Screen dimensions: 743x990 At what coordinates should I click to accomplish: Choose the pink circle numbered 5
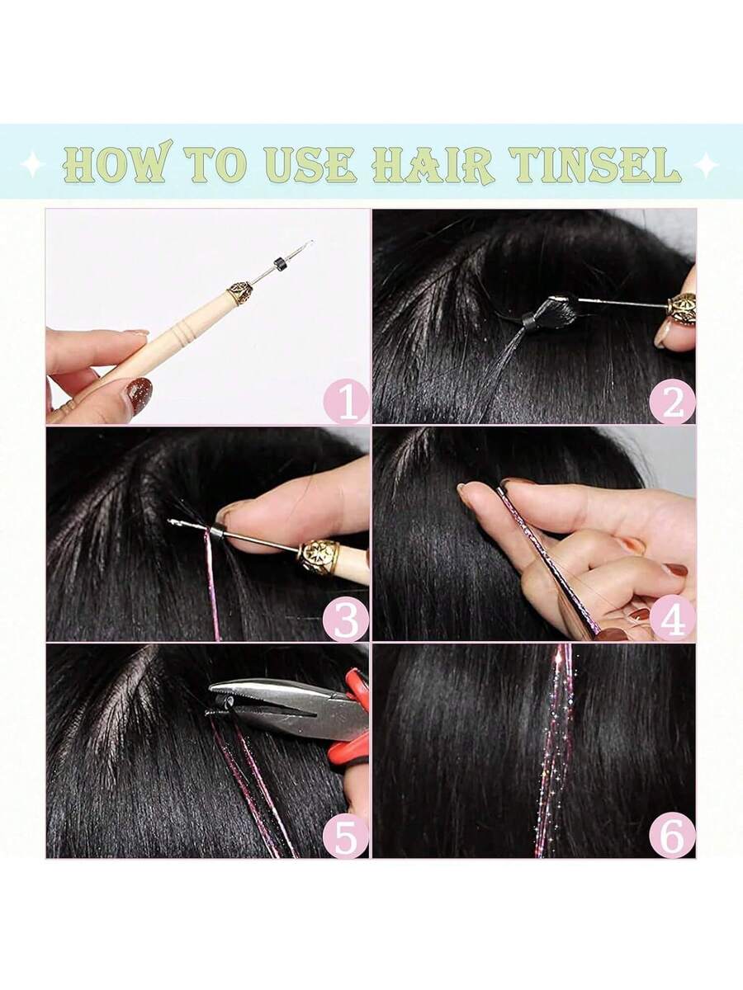[x=346, y=835]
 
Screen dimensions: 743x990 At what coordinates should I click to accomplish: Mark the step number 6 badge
[x=672, y=835]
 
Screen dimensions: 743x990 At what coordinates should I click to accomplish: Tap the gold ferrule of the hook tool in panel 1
[x=239, y=293]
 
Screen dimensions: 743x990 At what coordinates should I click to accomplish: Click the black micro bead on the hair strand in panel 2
[x=532, y=321]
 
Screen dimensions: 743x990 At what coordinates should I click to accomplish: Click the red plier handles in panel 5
[x=353, y=728]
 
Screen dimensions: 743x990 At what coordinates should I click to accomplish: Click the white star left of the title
[x=32, y=166]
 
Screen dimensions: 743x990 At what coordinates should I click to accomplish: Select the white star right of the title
[x=707, y=166]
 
